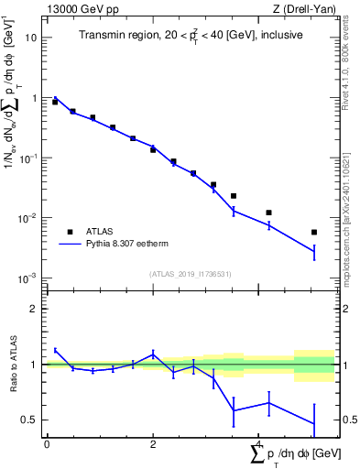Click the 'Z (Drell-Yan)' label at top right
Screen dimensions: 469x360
pyautogui.click(x=304, y=9)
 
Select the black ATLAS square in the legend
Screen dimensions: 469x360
pyautogui.click(x=70, y=232)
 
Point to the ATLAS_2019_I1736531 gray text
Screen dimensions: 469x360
pyautogui.click(x=190, y=274)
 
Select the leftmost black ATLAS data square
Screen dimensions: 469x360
pyautogui.click(x=55, y=102)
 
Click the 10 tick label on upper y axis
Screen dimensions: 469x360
pyautogui.click(x=32, y=38)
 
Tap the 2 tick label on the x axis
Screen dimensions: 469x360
pyautogui.click(x=153, y=443)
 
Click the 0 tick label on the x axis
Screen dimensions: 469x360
pyautogui.click(x=47, y=443)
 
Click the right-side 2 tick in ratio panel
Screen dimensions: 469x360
pyautogui.click(x=344, y=309)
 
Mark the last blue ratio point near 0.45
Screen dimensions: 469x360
pyautogui.click(x=314, y=424)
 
